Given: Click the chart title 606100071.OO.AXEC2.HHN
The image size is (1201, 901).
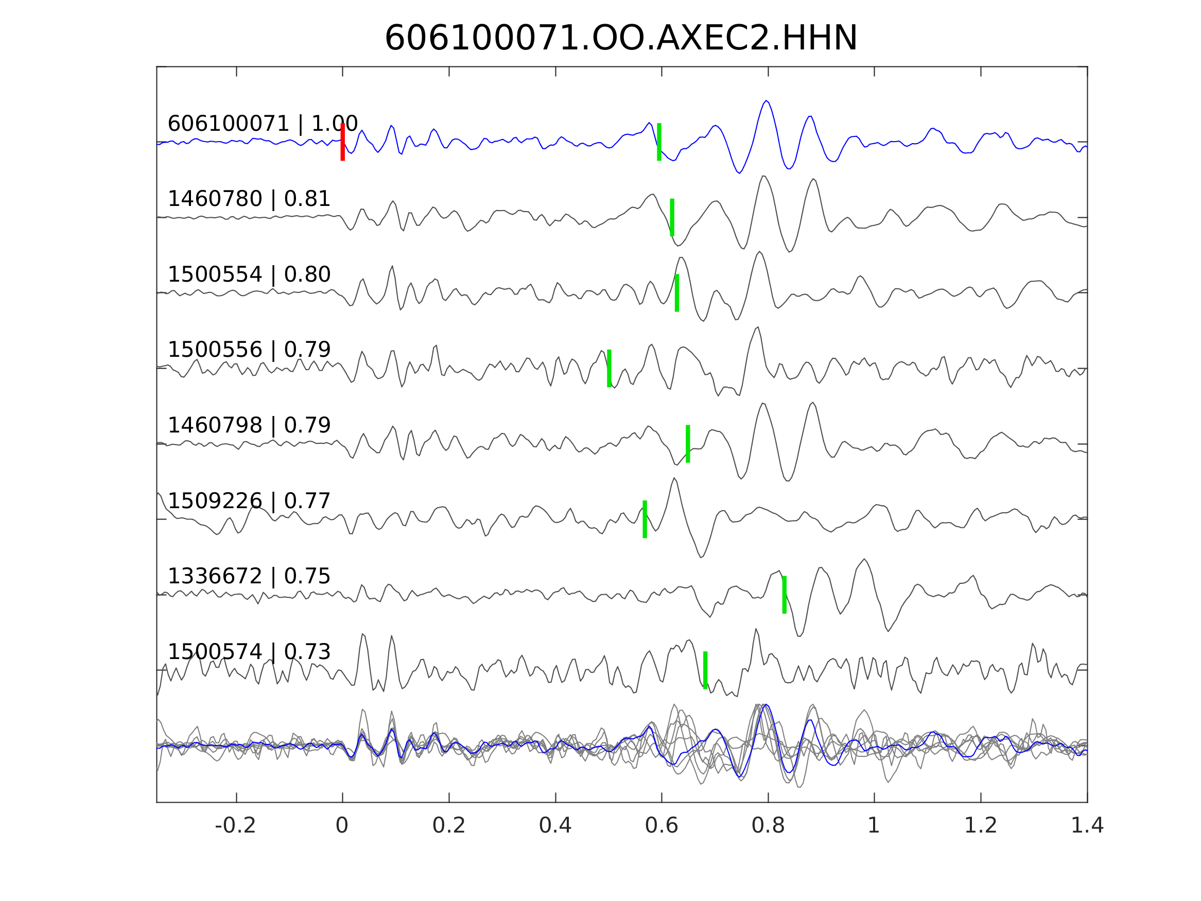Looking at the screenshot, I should coord(621,39).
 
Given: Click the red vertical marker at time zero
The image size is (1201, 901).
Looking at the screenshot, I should coord(343,142).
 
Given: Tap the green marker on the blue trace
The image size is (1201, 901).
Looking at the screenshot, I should coord(659,142).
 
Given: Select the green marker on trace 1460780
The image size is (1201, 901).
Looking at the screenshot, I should coord(672,217).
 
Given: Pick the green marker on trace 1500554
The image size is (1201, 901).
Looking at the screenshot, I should coord(677,293).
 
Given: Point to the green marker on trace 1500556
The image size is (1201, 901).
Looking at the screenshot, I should coord(609,368).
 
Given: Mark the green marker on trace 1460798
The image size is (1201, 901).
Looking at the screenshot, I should coord(688,444).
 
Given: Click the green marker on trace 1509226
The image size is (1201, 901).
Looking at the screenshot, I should coord(645,519).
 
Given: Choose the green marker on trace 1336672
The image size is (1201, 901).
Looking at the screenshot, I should coord(785,595).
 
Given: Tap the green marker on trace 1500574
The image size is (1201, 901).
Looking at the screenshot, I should coord(705,670).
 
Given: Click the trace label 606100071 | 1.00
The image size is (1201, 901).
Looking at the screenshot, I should coord(263,124).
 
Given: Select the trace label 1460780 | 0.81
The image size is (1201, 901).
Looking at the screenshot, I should coord(249,199).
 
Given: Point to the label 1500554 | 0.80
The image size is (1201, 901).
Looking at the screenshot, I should coord(249,275).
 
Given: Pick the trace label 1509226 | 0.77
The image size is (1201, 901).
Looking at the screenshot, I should coord(249,501).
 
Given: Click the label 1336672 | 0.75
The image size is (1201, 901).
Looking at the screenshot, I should coord(249,576).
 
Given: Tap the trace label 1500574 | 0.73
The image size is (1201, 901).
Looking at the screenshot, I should coord(249,652).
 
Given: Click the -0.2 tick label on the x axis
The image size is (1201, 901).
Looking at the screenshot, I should coord(235,826).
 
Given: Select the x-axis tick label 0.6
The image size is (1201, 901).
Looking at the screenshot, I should coord(662,826).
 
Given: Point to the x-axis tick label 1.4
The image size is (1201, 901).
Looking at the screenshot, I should coord(1087,826).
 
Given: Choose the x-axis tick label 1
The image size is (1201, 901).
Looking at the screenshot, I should coord(874,826).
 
